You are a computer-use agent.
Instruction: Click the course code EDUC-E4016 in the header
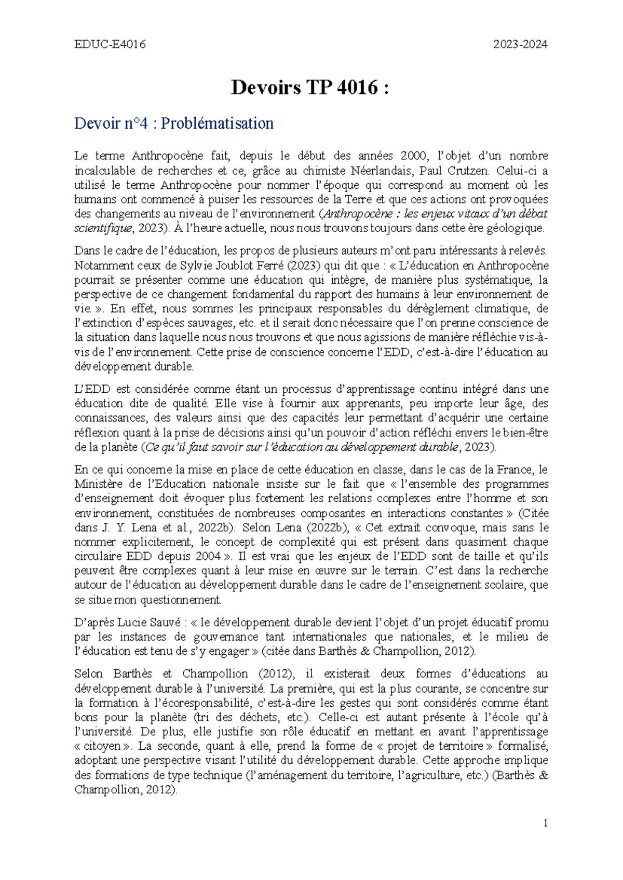pos(110,45)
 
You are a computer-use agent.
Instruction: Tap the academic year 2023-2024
pos(520,45)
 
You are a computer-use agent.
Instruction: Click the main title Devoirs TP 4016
pos(310,88)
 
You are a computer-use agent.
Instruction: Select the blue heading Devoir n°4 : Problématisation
pos(174,123)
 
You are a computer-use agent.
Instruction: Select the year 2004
pos(208,556)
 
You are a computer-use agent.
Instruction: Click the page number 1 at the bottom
pos(545,823)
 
